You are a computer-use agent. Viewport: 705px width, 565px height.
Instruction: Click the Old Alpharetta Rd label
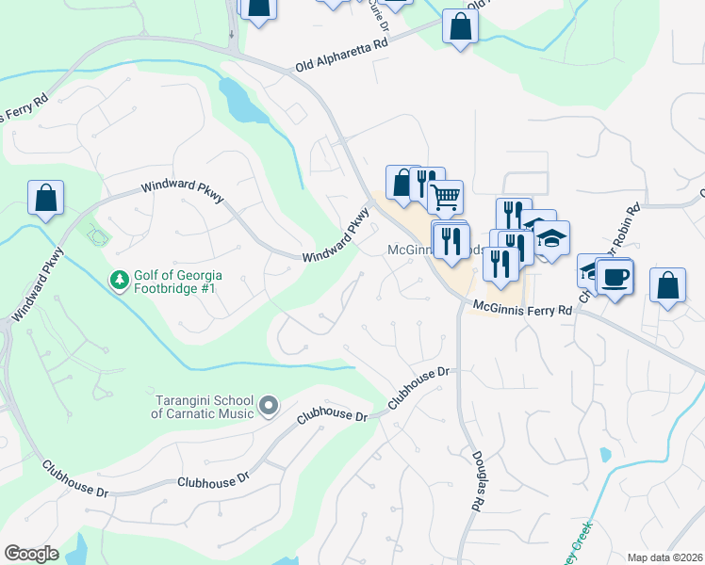341,56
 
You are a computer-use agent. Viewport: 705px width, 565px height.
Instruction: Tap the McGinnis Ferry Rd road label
522,309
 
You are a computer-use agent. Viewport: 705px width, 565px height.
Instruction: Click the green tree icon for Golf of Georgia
119,281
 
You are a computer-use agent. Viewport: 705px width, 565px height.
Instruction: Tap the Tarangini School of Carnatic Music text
204,406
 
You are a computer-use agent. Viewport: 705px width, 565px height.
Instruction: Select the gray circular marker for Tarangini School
269,406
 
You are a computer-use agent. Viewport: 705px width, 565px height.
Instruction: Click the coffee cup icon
615,277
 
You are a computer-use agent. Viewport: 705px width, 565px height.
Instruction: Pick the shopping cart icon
446,197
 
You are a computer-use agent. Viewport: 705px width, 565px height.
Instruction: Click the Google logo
31,554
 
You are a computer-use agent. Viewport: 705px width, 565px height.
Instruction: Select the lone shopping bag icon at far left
45,198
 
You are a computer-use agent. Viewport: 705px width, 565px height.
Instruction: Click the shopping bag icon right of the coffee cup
667,285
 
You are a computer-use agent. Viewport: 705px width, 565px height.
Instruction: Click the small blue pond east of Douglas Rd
604,455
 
